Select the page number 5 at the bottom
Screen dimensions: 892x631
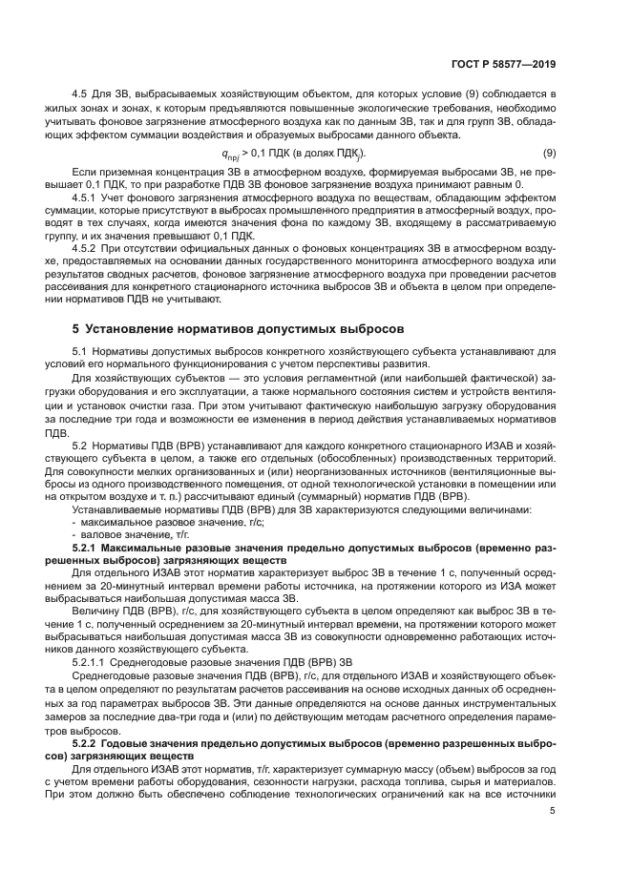pos(553,811)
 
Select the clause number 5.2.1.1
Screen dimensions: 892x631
pos(91,661)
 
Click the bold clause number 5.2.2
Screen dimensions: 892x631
pos(90,740)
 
